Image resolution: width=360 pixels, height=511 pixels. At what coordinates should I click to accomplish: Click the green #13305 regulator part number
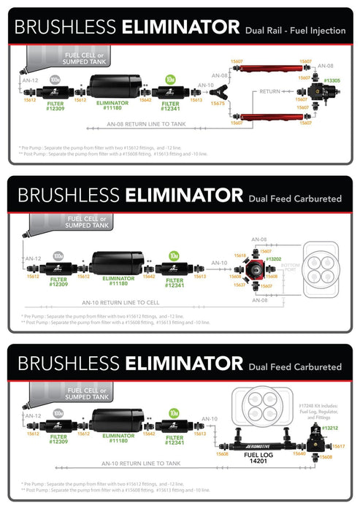[333, 80]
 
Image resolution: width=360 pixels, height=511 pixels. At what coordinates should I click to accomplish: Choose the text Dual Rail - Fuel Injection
[296, 30]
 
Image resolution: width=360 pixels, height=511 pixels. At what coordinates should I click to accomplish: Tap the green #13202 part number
[273, 259]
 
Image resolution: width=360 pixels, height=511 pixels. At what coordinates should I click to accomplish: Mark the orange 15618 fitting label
[240, 255]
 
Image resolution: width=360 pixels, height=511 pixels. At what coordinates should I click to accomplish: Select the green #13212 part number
[330, 428]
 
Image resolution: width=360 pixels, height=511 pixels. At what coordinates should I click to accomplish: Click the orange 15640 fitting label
[299, 453]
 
